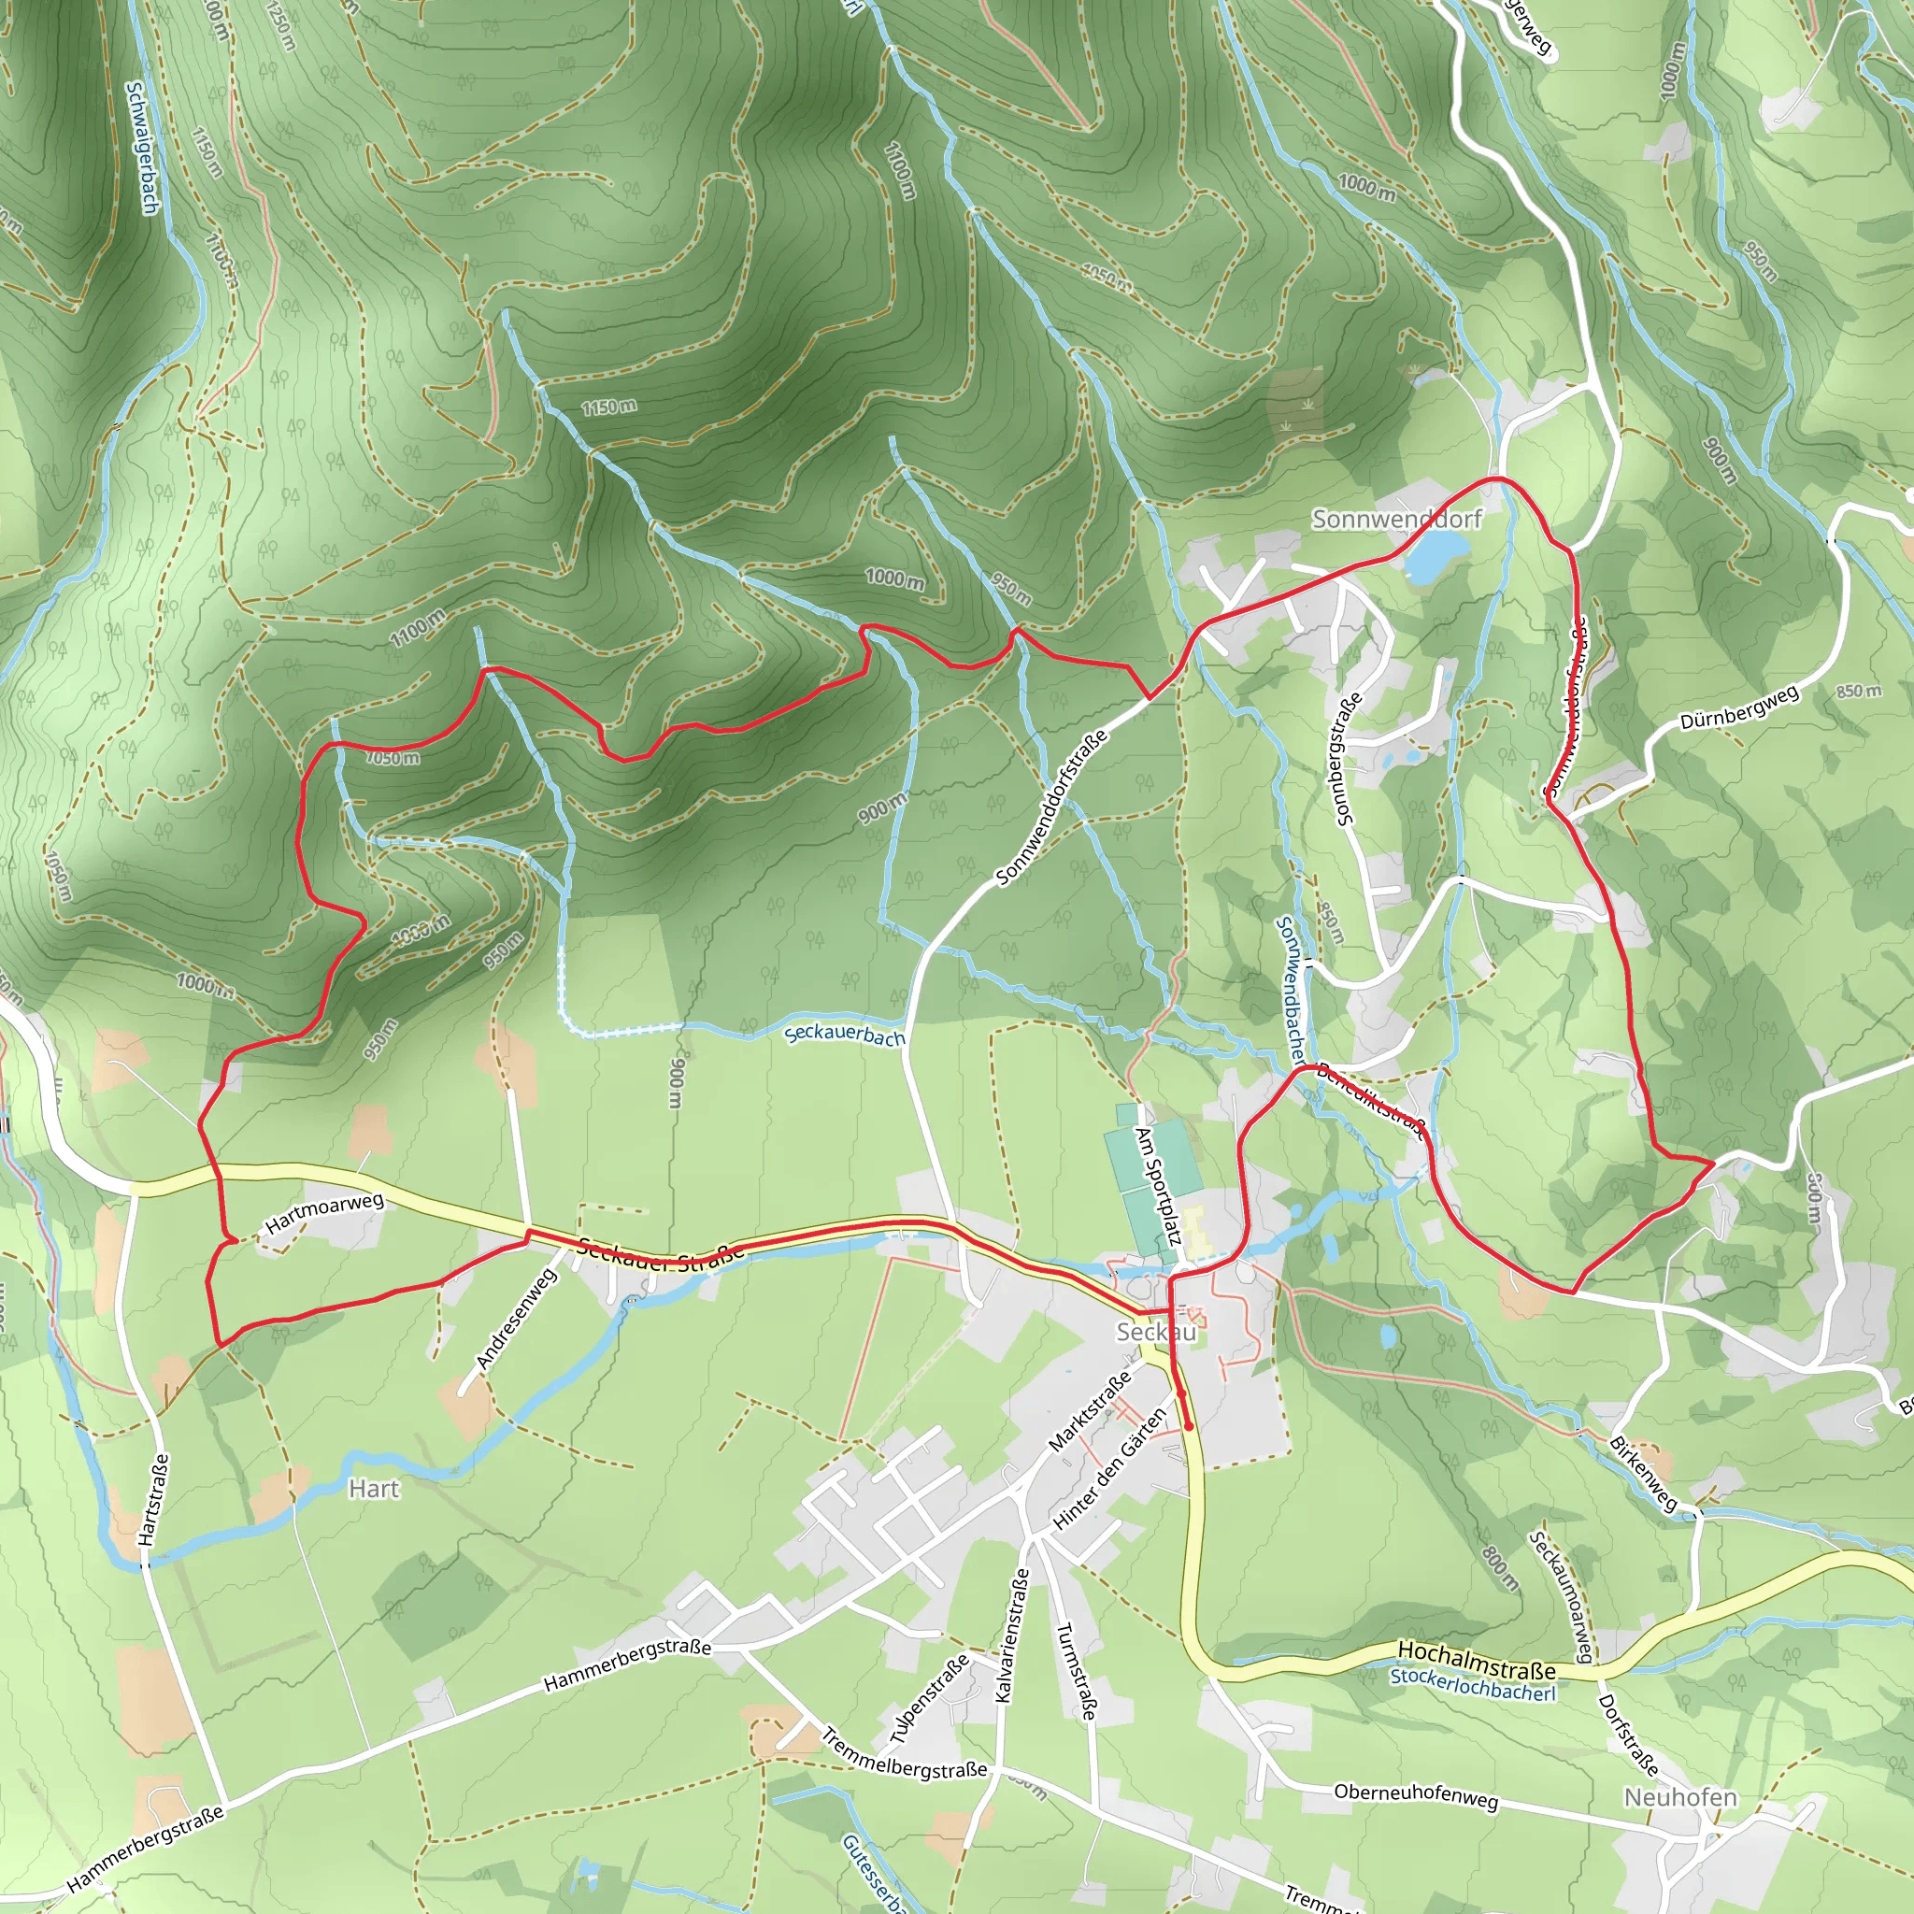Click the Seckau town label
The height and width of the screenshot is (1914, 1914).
click(x=1155, y=1332)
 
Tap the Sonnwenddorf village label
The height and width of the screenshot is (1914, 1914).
click(x=1396, y=519)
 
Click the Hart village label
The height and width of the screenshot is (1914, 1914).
click(x=374, y=1489)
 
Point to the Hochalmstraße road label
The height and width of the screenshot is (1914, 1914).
click(x=1475, y=1660)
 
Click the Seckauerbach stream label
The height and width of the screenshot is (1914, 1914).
click(x=844, y=1036)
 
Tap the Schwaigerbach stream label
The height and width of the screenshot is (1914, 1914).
click(x=142, y=148)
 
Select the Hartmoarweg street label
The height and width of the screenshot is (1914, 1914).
click(x=324, y=1214)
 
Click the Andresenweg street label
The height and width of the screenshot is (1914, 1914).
click(x=516, y=1319)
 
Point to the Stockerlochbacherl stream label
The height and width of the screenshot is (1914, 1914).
click(x=1472, y=1684)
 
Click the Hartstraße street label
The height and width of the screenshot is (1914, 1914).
click(x=153, y=1500)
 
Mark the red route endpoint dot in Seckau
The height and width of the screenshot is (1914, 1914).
click(x=1188, y=1426)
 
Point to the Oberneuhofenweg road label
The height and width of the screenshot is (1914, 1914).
click(x=1416, y=1794)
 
